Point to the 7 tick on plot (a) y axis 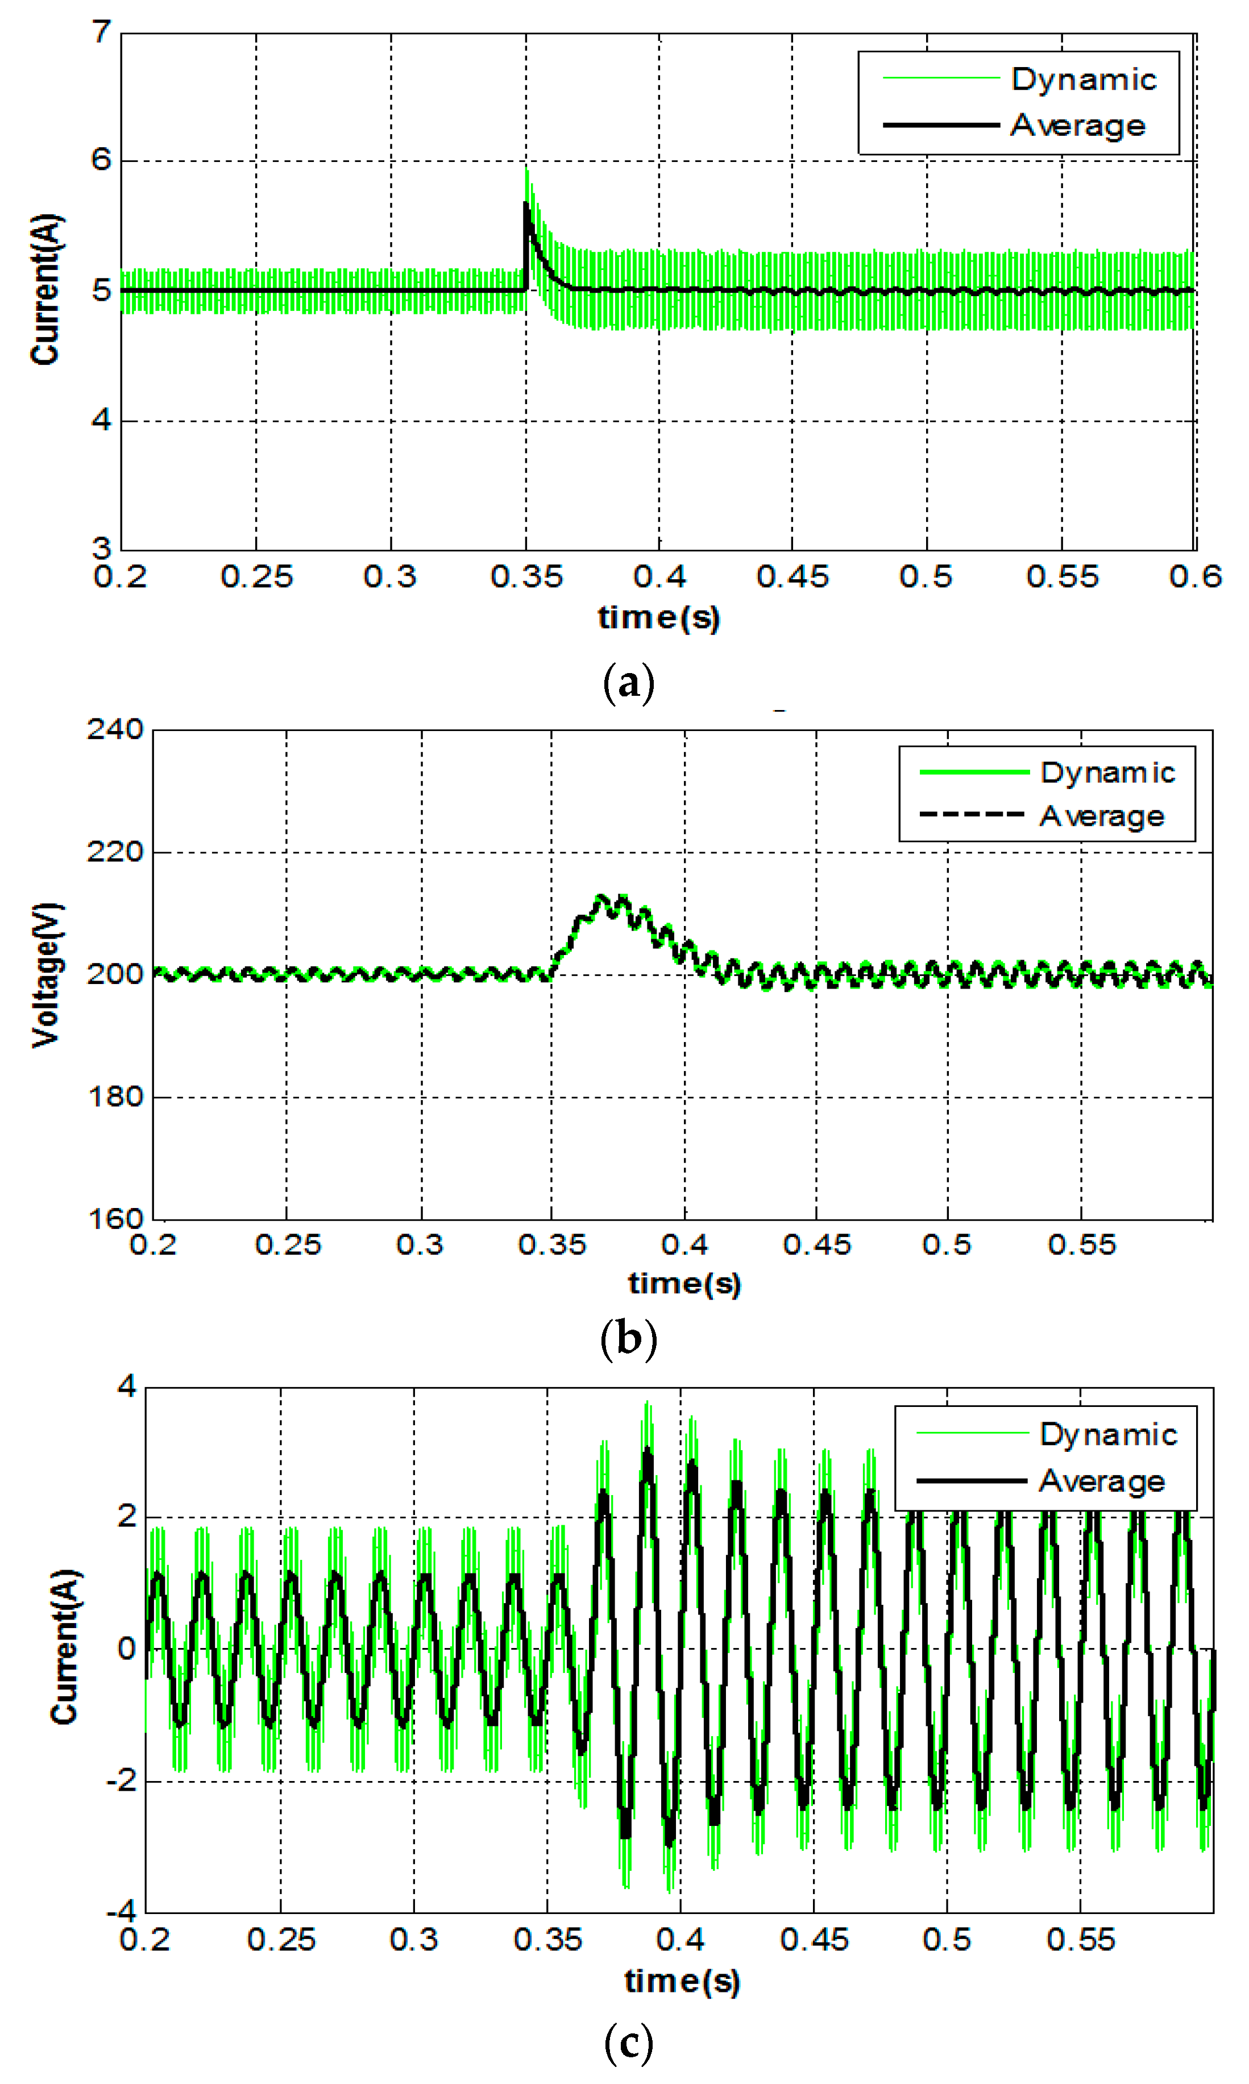102,33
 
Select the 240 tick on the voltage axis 115,729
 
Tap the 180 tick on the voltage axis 115,1097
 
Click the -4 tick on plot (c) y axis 121,1912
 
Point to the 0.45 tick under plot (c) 814,1940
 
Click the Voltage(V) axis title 46,974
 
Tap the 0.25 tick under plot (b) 288,1245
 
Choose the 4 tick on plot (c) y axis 126,1386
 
